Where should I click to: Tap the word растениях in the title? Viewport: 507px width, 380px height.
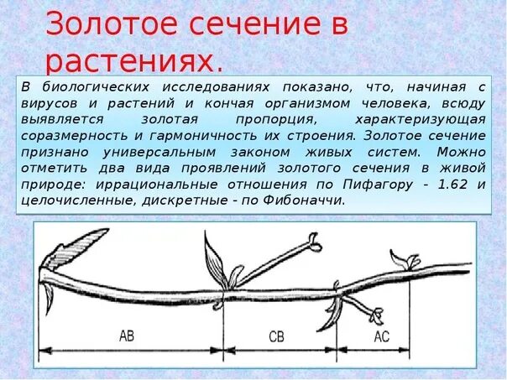[x=134, y=61]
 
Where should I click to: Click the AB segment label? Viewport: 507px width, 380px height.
[x=127, y=336]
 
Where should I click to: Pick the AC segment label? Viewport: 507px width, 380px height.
[x=381, y=337]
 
